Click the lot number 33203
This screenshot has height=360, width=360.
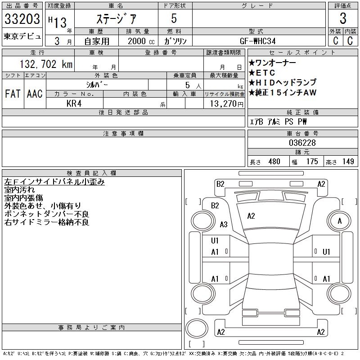pos(22,18)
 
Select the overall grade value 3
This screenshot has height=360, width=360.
pos(343,18)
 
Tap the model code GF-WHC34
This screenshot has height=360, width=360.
pos(257,41)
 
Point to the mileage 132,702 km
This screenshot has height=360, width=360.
pos(46,64)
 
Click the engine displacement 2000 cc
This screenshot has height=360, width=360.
pos(141,41)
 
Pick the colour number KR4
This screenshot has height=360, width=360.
pos(74,103)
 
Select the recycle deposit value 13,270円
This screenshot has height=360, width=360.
pos(226,103)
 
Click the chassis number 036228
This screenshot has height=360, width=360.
pos(302,143)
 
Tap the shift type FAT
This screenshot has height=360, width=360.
pos(13,94)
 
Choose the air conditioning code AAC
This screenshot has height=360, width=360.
pos(35,94)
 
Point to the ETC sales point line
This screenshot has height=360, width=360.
pos(262,73)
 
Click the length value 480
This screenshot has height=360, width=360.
pos(274,162)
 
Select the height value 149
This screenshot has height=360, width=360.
pos(348,162)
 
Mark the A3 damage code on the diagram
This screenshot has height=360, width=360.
pos(224,224)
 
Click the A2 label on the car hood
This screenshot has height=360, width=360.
pos(251,216)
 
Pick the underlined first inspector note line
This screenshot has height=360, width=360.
pos(54,182)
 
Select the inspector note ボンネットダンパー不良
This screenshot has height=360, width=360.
pos(47,214)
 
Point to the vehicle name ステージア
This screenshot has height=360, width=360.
pos(116,18)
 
